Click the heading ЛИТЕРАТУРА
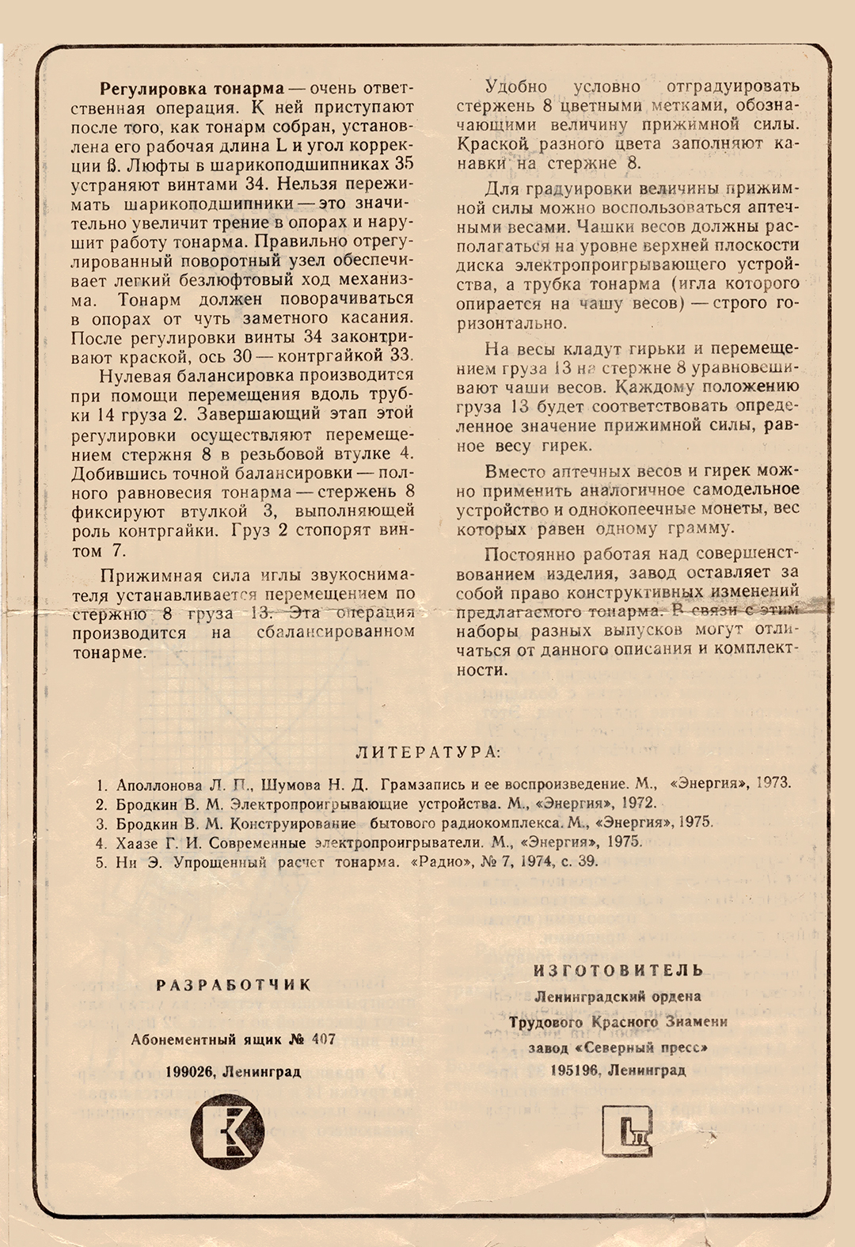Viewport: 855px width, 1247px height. [427, 752]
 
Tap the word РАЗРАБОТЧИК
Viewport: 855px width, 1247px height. [234, 985]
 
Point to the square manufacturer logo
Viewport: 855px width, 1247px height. [627, 1130]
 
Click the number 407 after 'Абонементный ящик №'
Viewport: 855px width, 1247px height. [323, 1039]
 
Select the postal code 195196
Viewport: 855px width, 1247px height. [574, 1070]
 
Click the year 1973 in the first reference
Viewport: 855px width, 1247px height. [773, 783]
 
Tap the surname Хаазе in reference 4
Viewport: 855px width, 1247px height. [138, 842]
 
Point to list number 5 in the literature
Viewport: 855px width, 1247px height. [101, 862]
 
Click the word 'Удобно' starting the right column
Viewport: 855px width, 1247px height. [516, 86]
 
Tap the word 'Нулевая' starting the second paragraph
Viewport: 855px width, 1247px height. [131, 375]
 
